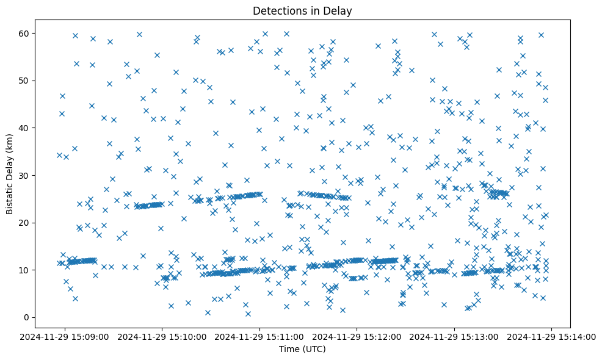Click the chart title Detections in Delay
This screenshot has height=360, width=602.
point(302,11)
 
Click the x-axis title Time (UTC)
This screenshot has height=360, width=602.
point(302,349)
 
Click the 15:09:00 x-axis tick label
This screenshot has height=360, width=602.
point(65,336)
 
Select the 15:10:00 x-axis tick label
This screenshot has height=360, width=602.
point(163,336)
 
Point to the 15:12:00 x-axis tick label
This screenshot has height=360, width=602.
point(358,336)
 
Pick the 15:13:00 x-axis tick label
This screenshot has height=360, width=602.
point(455,336)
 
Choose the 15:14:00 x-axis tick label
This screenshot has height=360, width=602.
point(552,336)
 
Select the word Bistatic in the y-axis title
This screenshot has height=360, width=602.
point(10,198)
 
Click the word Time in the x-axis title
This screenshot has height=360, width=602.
point(289,349)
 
